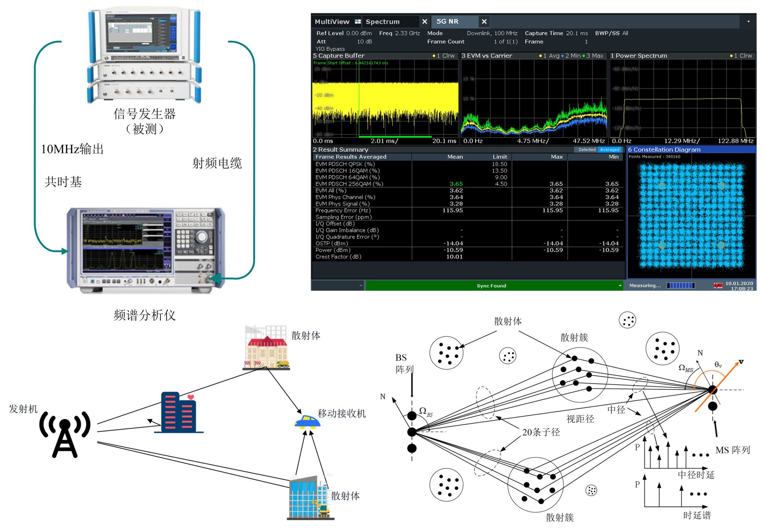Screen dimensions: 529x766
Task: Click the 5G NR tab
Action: pyautogui.click(x=447, y=21)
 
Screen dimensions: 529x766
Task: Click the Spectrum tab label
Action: pyautogui.click(x=382, y=22)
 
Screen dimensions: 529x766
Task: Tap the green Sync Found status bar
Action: pyautogui.click(x=491, y=286)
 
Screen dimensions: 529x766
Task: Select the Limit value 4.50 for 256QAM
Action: pyautogui.click(x=501, y=184)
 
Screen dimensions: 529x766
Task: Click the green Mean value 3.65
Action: pyautogui.click(x=456, y=184)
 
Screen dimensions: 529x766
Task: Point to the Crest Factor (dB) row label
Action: pyautogui.click(x=338, y=257)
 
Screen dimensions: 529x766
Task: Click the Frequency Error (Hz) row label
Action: pyautogui.click(x=343, y=210)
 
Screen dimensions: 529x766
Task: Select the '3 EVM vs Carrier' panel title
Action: pyautogui.click(x=487, y=56)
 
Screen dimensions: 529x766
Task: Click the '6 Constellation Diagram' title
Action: pyautogui.click(x=664, y=150)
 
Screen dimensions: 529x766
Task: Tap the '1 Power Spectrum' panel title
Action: pyautogui.click(x=639, y=56)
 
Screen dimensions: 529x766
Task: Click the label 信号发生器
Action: pyautogui.click(x=144, y=114)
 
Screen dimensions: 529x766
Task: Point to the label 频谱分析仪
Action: pyautogui.click(x=144, y=315)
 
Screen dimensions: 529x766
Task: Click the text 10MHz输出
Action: pyautogui.click(x=72, y=149)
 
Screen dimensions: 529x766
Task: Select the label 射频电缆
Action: pyautogui.click(x=217, y=163)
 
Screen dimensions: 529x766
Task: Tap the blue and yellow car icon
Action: pyautogui.click(x=307, y=421)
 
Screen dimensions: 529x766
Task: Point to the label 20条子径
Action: pyautogui.click(x=541, y=432)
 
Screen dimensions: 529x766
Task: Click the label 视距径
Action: pyautogui.click(x=580, y=419)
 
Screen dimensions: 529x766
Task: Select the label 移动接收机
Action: pyautogui.click(x=341, y=413)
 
